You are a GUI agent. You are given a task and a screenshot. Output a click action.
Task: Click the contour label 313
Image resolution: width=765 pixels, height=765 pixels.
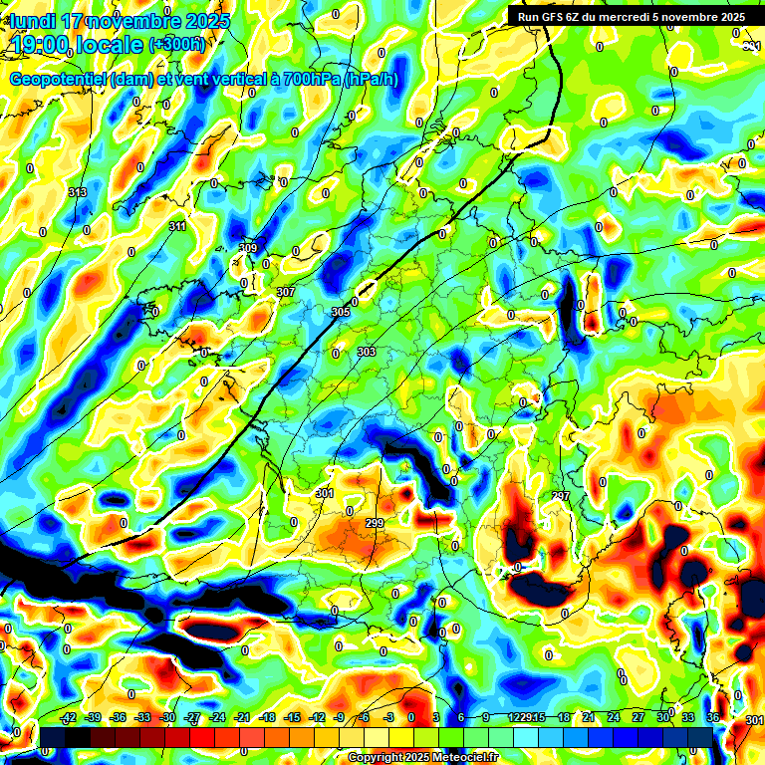(x=77, y=192)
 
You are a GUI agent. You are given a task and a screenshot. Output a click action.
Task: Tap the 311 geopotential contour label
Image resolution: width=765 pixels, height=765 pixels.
(x=177, y=227)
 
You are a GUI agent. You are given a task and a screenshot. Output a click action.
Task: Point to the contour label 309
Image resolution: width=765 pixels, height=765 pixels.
(x=248, y=248)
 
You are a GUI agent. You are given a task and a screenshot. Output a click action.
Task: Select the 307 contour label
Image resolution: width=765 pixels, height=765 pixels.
(x=285, y=292)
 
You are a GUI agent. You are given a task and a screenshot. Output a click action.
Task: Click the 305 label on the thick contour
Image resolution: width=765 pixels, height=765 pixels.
(x=341, y=312)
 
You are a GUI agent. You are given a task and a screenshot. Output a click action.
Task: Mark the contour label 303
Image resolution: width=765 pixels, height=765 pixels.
(x=366, y=352)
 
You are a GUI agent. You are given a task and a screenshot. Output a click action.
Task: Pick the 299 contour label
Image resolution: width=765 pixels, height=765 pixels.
(x=375, y=523)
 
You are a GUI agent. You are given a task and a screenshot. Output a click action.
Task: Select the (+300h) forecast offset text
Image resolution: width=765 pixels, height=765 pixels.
(x=176, y=45)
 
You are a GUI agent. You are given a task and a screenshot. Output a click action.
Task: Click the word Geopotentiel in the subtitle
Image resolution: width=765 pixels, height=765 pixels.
(x=59, y=80)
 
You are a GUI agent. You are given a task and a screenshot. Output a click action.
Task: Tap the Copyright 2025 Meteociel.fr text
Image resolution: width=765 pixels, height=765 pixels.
(x=423, y=758)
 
